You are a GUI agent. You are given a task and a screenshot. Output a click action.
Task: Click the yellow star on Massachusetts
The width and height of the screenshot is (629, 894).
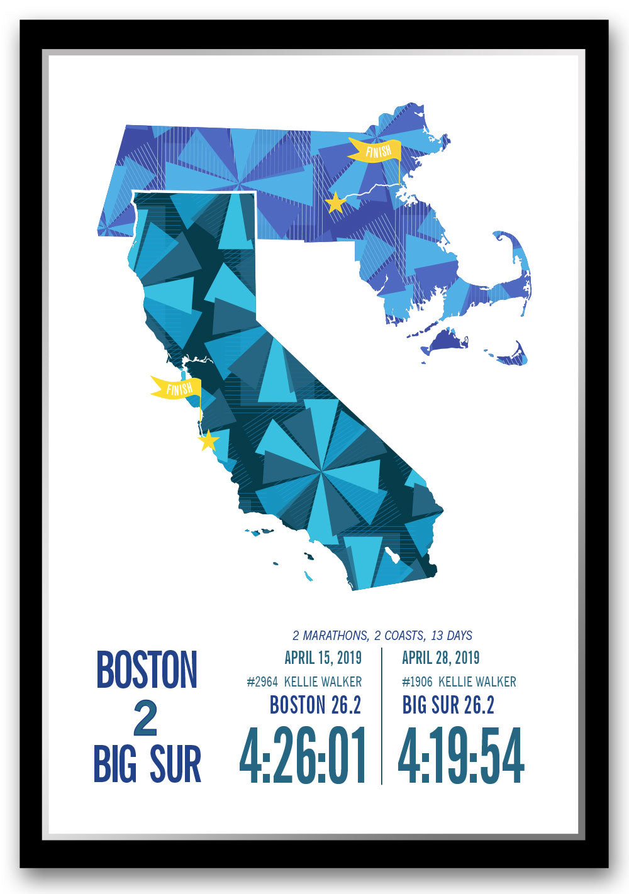(335, 203)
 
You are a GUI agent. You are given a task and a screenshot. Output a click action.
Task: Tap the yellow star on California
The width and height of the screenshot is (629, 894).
(208, 441)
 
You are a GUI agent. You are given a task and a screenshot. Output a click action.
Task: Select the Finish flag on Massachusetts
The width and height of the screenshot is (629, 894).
(376, 150)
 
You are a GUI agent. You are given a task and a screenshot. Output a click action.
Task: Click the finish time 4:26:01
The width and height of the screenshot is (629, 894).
(303, 755)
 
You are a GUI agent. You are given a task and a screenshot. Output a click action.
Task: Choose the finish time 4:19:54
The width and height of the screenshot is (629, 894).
(461, 755)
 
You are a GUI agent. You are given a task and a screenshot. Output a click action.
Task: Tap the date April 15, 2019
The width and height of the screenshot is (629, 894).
(323, 658)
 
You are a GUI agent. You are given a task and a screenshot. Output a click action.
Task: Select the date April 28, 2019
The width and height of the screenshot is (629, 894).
(440, 658)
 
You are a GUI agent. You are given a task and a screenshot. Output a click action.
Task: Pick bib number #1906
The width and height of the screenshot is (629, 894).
(416, 682)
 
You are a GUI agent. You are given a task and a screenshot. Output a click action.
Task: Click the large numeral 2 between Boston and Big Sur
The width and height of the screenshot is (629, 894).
(145, 719)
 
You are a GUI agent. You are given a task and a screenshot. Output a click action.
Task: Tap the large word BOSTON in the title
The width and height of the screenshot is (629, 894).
(147, 670)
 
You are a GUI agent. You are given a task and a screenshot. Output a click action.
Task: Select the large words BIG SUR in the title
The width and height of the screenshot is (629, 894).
(147, 764)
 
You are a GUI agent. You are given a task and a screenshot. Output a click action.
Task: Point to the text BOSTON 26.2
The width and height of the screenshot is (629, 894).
(315, 705)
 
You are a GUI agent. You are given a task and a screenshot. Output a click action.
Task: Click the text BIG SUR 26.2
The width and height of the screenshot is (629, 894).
(448, 705)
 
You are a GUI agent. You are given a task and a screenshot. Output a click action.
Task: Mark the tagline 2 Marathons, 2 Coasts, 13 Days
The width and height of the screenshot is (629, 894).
(382, 636)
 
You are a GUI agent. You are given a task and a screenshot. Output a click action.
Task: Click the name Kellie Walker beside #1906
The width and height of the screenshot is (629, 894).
(477, 682)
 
